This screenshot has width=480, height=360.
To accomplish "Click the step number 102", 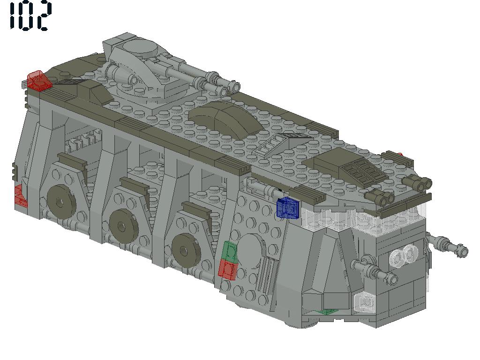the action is tap(30, 16).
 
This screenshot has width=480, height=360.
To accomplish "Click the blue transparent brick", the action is tap(288, 208).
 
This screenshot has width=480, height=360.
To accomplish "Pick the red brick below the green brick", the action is tap(228, 270).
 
